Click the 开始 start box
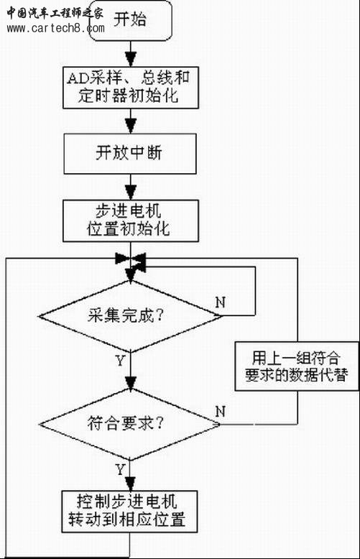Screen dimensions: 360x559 click(x=130, y=21)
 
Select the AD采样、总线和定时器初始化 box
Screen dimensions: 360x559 click(x=131, y=88)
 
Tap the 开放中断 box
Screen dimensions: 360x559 click(x=130, y=154)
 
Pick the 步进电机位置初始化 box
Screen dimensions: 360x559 click(x=131, y=221)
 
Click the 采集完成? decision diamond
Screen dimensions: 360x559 click(x=130, y=316)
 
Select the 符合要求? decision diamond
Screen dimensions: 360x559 click(x=129, y=424)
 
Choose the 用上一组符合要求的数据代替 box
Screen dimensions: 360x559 click(x=297, y=366)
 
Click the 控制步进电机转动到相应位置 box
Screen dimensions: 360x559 click(x=129, y=512)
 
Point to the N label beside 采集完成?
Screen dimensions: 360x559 click(x=221, y=302)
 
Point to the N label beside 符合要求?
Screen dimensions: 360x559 click(x=221, y=412)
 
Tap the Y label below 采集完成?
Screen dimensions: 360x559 click(x=120, y=361)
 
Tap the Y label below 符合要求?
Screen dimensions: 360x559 click(x=120, y=469)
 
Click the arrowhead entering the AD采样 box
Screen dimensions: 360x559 click(x=131, y=59)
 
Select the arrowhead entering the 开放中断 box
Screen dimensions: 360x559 click(x=131, y=126)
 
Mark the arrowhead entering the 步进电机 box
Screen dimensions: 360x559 click(x=131, y=193)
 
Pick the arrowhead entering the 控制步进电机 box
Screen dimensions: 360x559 click(x=130, y=484)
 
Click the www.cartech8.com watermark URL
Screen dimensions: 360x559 click(x=55, y=28)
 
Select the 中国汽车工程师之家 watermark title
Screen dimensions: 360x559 click(x=55, y=13)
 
